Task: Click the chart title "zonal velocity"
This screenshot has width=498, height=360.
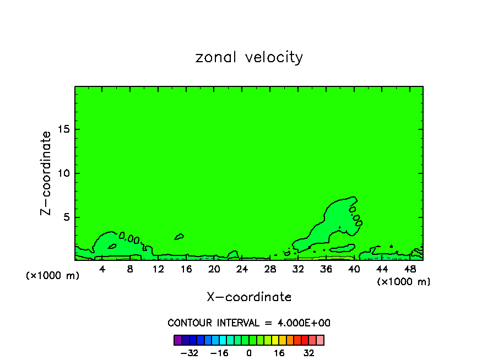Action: click(249, 57)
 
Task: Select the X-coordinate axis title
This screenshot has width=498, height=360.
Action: click(249, 297)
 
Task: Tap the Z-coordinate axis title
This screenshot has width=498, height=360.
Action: click(46, 173)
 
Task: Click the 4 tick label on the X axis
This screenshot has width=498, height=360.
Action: click(102, 269)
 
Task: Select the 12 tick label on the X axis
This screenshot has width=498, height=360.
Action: click(158, 269)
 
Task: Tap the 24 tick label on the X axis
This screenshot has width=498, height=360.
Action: click(242, 269)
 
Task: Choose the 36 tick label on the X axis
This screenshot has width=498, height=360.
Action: click(326, 269)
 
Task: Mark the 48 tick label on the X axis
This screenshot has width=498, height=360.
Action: click(409, 269)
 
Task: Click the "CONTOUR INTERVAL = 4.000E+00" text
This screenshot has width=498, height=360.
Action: click(249, 323)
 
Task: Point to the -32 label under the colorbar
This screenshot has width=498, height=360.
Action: click(189, 353)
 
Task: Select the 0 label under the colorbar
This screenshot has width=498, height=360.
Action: click(249, 353)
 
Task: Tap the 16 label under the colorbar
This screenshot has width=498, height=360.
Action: click(279, 353)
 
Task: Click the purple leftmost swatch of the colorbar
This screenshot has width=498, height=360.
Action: click(178, 340)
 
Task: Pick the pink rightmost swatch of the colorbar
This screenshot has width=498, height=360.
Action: click(320, 340)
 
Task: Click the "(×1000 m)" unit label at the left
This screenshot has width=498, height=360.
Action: click(53, 276)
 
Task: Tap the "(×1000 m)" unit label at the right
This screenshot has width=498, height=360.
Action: click(404, 282)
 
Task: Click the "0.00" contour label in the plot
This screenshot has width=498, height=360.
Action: click(129, 238)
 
